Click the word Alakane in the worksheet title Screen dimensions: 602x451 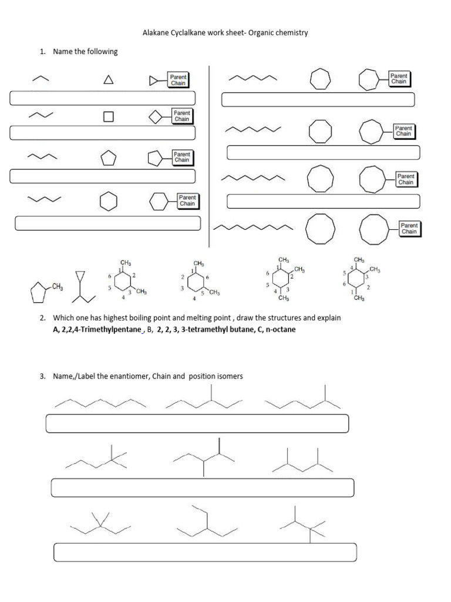[156, 33]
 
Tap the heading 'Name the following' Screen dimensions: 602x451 [85, 52]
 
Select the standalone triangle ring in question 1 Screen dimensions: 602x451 [108, 81]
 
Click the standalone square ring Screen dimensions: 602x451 [108, 116]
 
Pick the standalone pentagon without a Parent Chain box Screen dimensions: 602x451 [109, 158]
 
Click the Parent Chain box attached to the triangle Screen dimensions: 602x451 [177, 80]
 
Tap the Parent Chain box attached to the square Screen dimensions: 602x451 [181, 116]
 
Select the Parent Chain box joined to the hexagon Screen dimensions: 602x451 [187, 200]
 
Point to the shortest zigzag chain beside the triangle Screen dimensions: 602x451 [40, 79]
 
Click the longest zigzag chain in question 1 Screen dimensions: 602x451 [253, 226]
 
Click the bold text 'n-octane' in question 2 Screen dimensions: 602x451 [281, 329]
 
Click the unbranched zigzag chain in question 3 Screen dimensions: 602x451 [100, 403]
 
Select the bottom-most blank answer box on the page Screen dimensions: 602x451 [205, 552]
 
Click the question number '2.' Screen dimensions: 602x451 [43, 317]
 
